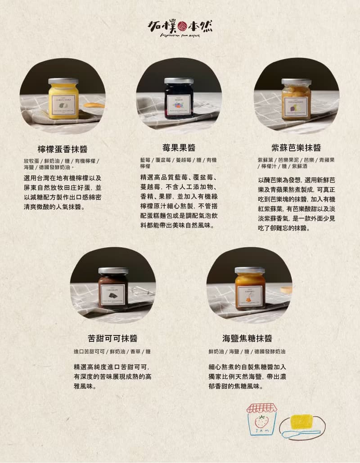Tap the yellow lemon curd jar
63,100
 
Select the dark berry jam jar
179,99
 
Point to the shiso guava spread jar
296,100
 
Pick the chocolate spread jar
113,289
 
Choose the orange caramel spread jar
250,289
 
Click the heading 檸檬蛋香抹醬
63,149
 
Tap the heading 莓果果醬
179,148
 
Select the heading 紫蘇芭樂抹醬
296,148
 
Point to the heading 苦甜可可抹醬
112,338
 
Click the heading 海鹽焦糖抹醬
247,338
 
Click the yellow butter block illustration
301,422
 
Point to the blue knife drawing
299,433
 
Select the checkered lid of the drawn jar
261,408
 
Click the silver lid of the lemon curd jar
63,82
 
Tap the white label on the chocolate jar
112,295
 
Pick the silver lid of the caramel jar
250,270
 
